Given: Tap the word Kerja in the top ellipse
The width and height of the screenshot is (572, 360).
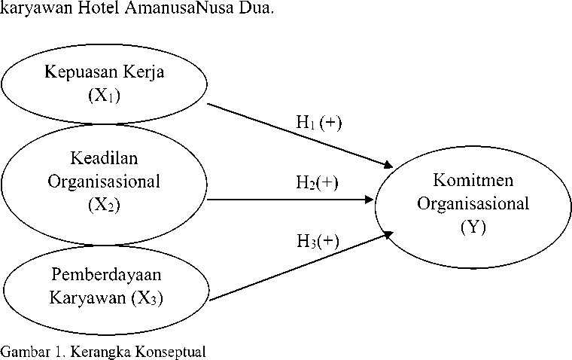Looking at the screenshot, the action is click(144, 72).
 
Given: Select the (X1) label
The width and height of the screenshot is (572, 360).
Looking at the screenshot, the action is click(105, 96).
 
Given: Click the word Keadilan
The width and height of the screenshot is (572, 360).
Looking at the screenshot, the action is click(105, 158).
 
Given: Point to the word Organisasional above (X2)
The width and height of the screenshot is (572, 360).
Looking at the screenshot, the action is click(104, 182).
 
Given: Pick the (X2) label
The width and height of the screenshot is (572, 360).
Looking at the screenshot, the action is click(105, 205).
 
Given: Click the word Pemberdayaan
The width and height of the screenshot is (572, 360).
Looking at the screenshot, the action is click(106, 275).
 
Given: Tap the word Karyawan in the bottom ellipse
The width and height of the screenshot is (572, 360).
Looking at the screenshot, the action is click(87, 298).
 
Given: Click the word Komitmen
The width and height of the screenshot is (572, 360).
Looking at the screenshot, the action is click(473, 180).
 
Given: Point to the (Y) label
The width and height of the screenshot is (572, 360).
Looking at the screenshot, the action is click(473, 227).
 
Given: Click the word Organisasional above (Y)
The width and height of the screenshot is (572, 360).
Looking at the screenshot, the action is click(473, 204).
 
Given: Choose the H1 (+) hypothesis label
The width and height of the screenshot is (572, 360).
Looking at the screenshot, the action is click(319, 122).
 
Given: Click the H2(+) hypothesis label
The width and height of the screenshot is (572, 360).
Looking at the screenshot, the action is click(317, 182).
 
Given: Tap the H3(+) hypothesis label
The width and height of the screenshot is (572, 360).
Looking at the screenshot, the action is click(318, 241).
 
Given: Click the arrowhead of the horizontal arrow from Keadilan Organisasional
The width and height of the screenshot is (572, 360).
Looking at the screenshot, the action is click(369, 200).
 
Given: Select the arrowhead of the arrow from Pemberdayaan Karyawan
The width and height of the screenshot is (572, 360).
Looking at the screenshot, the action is click(388, 234).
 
